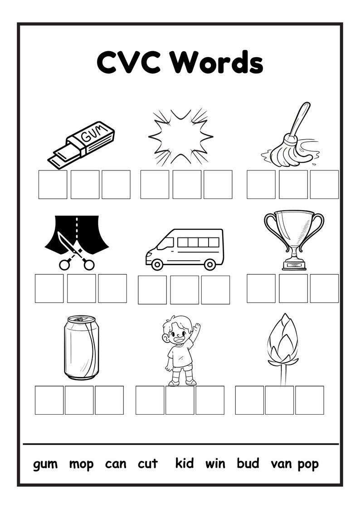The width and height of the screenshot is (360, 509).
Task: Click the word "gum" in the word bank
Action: point(45,464)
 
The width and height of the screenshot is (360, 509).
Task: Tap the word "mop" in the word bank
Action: point(82,464)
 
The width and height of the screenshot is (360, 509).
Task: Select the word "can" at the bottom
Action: point(116,464)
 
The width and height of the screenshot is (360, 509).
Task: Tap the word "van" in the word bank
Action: point(282,464)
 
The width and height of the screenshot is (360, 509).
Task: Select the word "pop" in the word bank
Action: point(308,464)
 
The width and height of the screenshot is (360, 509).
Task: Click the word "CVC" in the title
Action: point(128,63)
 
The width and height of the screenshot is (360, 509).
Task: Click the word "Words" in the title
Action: point(216,63)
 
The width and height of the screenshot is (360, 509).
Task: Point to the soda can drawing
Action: point(81,347)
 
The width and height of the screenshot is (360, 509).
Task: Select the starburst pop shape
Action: point(180,136)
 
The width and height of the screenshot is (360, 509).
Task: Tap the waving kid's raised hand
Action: point(196,327)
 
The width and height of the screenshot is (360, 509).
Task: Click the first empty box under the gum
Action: point(53,184)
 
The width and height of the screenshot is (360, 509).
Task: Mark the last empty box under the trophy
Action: point(324,288)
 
